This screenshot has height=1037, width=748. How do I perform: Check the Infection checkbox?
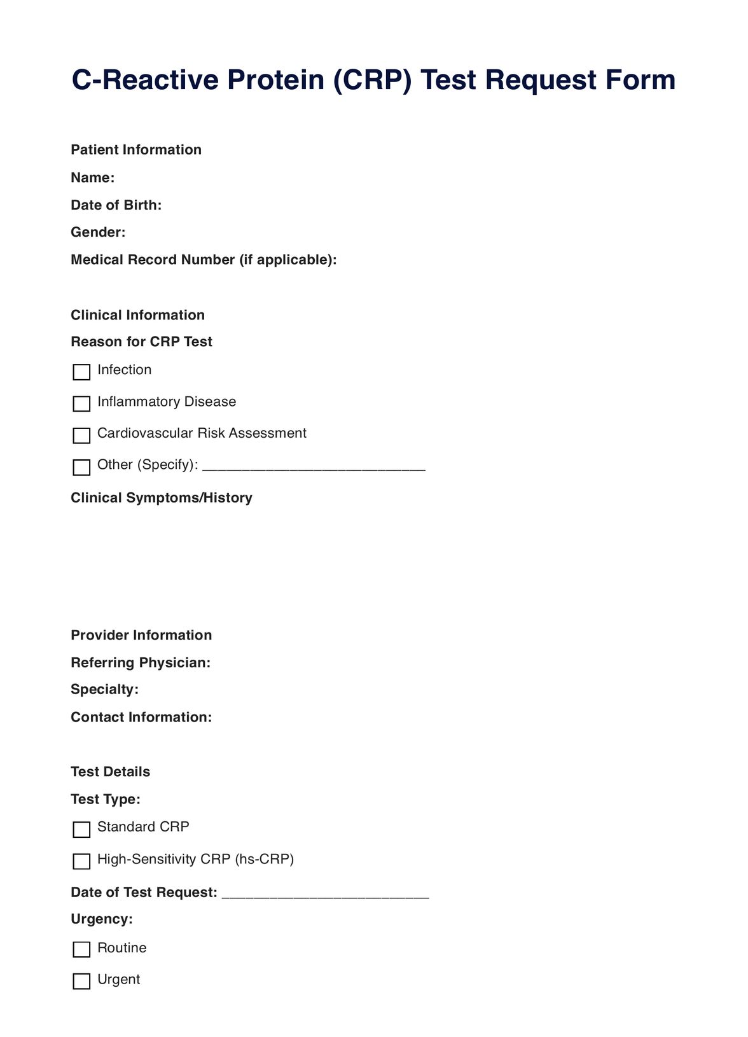[81, 372]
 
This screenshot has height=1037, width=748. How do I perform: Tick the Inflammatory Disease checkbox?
[81, 404]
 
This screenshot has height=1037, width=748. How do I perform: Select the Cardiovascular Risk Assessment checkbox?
[81, 436]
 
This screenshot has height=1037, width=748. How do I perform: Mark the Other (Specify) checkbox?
[81, 468]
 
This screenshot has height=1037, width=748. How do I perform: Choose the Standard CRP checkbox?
[81, 830]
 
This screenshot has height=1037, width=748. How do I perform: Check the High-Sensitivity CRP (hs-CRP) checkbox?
[81, 861]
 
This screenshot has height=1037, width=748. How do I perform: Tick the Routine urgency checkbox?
[81, 950]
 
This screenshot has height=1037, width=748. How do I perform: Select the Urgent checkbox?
[81, 982]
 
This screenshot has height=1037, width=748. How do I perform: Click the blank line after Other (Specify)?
[314, 467]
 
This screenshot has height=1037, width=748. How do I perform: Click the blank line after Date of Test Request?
[326, 894]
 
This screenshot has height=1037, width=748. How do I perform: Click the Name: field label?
[93, 177]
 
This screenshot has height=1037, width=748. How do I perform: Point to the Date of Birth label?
[116, 205]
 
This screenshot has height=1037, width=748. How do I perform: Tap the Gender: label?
[98, 232]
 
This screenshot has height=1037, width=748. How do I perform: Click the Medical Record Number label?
[204, 260]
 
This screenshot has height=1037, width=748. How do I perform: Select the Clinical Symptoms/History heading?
[162, 498]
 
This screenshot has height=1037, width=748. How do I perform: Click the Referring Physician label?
[141, 663]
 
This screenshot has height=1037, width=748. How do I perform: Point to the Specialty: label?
[104, 690]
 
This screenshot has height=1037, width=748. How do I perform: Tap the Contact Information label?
[141, 718]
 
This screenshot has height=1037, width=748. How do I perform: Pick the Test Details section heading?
[111, 772]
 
